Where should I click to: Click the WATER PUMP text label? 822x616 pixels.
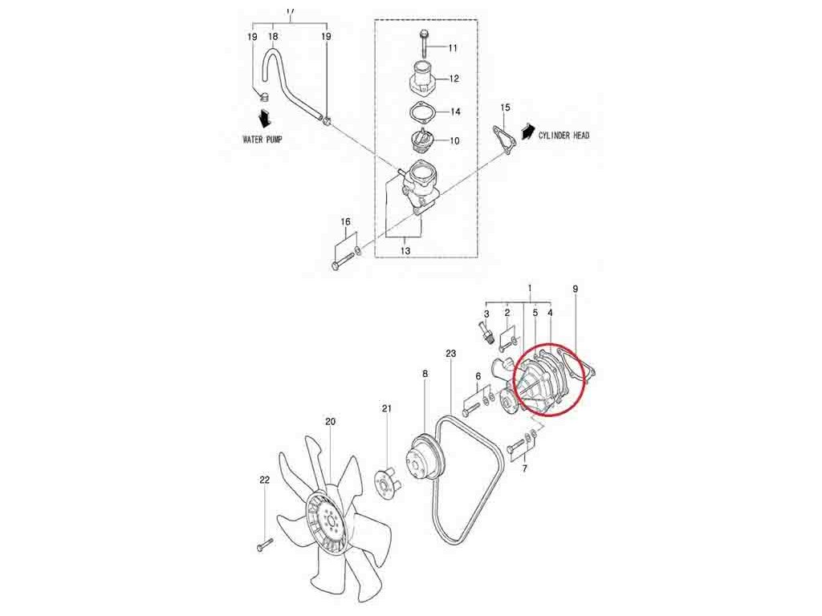(262, 139)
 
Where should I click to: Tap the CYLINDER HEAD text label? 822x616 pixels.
(564, 136)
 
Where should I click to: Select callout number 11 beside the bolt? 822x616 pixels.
(453, 48)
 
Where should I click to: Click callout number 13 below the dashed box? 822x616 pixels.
(405, 251)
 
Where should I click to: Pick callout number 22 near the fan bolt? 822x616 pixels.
(264, 480)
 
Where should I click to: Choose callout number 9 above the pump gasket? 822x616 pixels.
(575, 288)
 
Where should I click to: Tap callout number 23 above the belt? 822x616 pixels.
(450, 353)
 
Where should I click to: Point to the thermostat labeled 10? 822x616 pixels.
(422, 142)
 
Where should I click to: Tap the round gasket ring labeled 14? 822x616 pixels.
(422, 111)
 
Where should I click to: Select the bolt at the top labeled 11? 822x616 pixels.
(423, 39)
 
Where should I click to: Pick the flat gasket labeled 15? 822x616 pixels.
(503, 136)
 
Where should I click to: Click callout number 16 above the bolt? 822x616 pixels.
(346, 221)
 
